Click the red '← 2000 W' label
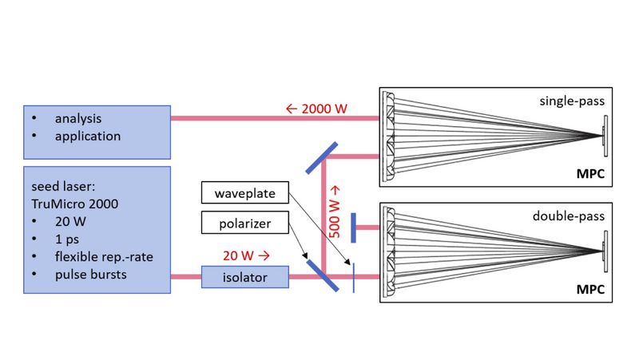point(316,109)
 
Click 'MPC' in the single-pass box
point(591,174)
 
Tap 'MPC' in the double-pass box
point(591,288)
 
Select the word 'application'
point(88,136)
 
